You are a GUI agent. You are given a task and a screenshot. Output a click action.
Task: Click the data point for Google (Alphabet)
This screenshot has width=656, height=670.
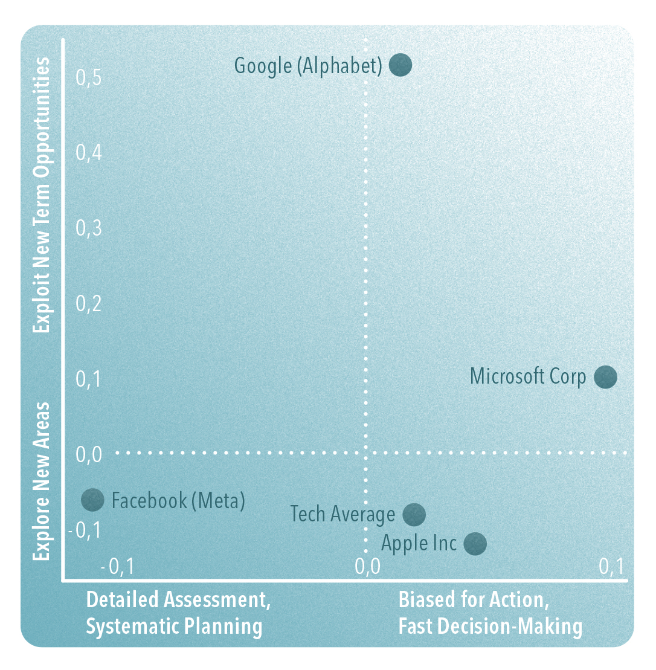(400, 65)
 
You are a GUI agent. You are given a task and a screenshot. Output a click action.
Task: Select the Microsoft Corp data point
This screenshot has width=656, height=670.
(605, 377)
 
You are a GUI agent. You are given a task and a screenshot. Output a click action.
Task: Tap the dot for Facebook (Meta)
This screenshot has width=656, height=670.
(92, 500)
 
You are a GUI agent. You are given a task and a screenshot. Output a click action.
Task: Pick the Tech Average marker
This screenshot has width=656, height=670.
(414, 515)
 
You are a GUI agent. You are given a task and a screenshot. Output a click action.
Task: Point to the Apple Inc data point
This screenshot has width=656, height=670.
(475, 543)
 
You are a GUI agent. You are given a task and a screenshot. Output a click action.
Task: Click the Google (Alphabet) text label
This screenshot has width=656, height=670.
(308, 65)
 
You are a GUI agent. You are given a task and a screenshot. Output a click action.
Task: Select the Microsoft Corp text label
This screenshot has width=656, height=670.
(528, 377)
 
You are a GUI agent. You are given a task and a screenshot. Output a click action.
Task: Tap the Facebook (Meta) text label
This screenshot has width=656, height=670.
(179, 501)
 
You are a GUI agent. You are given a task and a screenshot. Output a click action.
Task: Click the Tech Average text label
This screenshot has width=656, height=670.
(342, 515)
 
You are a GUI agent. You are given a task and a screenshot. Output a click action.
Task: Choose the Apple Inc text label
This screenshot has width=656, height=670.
(419, 543)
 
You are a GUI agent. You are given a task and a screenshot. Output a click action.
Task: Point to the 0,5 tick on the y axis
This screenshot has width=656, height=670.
(88, 78)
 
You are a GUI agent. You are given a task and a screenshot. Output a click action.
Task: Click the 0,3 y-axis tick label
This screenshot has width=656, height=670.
(88, 229)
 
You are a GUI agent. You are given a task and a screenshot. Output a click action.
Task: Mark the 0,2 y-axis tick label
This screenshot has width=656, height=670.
(88, 304)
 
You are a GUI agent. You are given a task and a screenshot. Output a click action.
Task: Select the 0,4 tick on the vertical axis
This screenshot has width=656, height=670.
(88, 153)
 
